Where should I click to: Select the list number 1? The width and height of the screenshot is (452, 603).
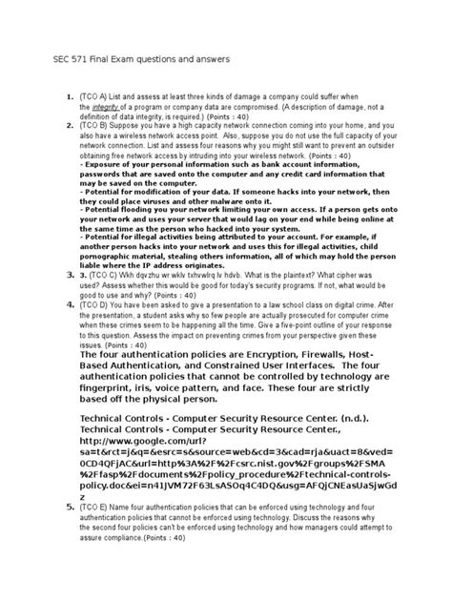69,98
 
